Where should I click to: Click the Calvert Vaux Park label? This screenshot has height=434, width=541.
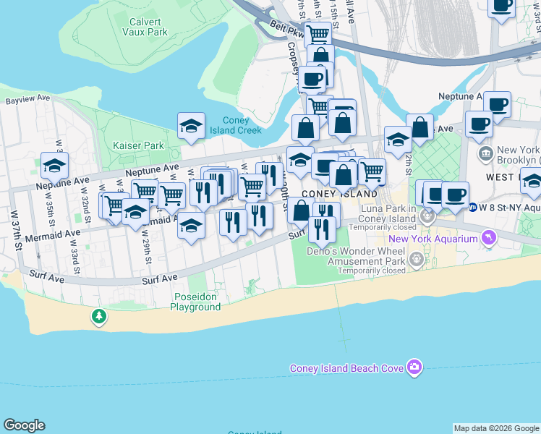click(145, 27)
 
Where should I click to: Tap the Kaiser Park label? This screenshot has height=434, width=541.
click(138, 145)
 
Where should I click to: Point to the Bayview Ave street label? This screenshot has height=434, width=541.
click(27, 98)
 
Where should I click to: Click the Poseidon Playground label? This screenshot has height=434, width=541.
click(195, 302)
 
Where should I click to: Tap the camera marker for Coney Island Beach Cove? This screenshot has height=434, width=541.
click(414, 368)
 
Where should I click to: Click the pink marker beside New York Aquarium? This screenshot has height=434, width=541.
click(489, 238)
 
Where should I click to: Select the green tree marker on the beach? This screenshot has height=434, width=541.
click(98, 316)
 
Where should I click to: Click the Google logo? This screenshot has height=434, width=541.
click(24, 425)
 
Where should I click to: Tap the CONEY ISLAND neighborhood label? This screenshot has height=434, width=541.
click(339, 194)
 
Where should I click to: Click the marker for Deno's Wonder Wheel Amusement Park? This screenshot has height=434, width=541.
click(416, 258)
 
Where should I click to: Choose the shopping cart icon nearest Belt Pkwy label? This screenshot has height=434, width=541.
click(318, 33)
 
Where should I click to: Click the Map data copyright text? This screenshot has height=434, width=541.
click(496, 428)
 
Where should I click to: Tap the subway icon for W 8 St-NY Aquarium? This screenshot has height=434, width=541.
click(472, 208)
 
